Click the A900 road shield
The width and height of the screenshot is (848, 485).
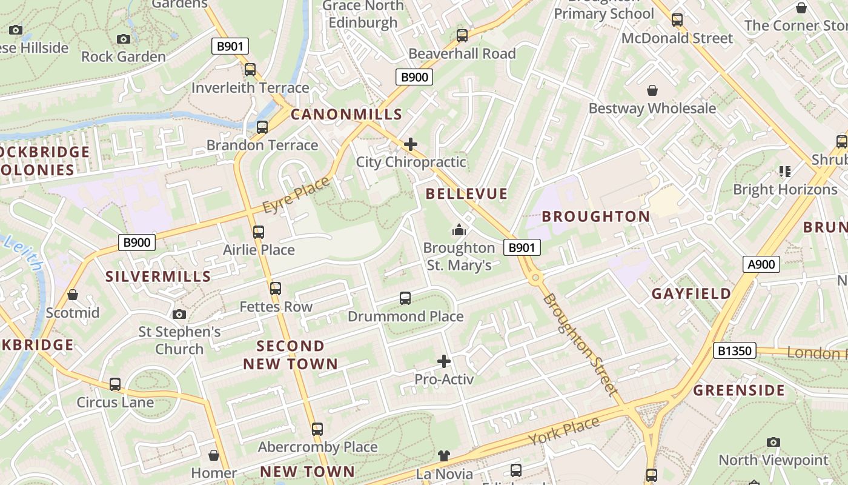[761, 264]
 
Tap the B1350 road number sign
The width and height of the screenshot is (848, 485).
[735, 350]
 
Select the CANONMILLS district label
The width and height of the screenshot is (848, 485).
[346, 114]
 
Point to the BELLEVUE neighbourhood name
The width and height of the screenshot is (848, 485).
[466, 194]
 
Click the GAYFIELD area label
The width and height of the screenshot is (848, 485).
[691, 294]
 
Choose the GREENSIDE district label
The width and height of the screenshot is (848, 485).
[739, 390]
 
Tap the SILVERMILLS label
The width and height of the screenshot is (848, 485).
[158, 276]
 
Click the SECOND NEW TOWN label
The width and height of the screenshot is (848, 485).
[291, 355]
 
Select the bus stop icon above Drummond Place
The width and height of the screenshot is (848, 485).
[405, 298]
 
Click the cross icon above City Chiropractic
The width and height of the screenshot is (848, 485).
[411, 144]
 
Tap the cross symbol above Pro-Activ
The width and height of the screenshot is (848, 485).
[444, 361]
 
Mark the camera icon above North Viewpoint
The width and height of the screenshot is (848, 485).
[773, 442]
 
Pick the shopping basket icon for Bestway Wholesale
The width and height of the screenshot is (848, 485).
[652, 90]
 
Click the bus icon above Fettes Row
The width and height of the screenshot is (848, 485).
[276, 289]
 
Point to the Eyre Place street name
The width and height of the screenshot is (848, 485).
[296, 195]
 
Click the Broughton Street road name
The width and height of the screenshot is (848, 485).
[581, 344]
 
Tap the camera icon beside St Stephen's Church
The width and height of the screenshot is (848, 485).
[179, 314]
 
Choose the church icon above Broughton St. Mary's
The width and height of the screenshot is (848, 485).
[459, 230]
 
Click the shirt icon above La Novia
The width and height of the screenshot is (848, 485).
[444, 455]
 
